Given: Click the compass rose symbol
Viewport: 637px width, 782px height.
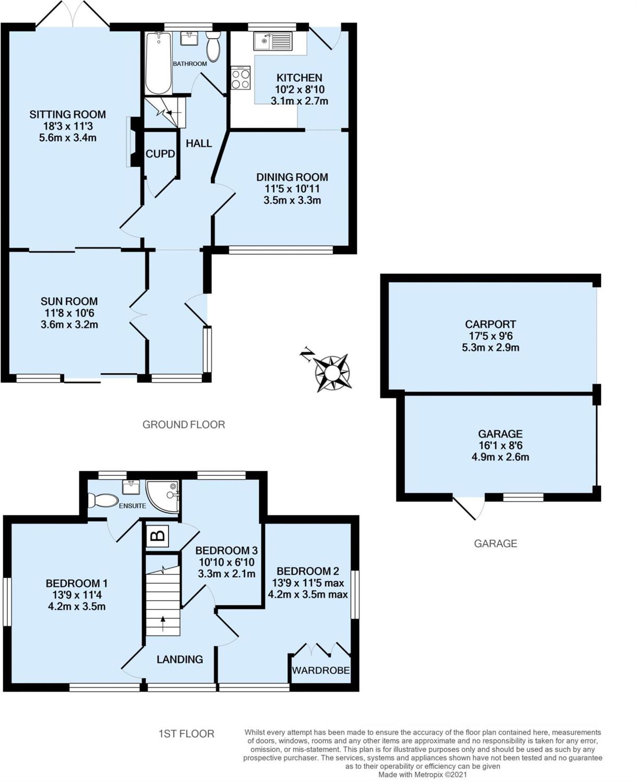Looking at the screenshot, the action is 332,373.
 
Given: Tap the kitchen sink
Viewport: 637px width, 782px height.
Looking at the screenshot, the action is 272,41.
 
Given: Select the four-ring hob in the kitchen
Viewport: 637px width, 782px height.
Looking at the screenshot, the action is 241,78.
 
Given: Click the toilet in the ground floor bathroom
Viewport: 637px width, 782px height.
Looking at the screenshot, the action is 213,46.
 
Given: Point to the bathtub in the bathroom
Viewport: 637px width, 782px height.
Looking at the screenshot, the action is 158,63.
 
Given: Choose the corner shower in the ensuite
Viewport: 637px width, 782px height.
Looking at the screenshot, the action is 162,496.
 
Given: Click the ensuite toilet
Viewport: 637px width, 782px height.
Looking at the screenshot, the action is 103,500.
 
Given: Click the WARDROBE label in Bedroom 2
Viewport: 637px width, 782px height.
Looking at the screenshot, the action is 321,670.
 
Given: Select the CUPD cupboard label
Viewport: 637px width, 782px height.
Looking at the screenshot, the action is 160,154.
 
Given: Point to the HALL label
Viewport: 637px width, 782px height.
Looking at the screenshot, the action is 199,143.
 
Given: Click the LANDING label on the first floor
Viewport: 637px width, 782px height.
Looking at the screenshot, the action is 179,659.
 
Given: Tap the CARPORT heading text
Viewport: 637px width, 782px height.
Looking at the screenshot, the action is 490,324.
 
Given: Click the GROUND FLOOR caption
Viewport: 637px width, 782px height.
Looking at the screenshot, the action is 184,425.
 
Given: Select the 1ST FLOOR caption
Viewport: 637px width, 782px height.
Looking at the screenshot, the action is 186,734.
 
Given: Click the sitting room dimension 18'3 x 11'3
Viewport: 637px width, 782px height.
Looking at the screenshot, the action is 68,126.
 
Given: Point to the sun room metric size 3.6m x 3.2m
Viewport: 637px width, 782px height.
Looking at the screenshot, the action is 69,325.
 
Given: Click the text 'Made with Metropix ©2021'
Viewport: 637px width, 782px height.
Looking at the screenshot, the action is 423,775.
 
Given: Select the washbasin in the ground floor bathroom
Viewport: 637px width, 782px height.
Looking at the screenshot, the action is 189,38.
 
